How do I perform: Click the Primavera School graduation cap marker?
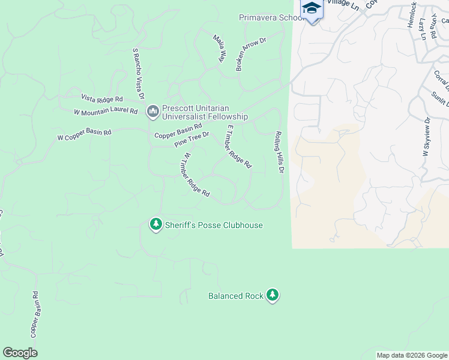[x=312, y=9]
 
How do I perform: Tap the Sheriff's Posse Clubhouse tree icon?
[x=156, y=224]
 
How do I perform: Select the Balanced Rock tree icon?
[x=273, y=295]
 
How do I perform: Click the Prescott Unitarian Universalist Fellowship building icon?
[x=152, y=110]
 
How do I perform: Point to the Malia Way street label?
[x=219, y=49]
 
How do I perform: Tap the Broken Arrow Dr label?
[x=251, y=53]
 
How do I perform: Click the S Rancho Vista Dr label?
[x=139, y=74]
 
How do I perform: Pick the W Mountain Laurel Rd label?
[x=106, y=112]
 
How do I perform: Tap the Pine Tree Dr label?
[x=191, y=140]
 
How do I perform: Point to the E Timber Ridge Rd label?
[x=238, y=146]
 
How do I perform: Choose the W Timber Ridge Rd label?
[x=196, y=175]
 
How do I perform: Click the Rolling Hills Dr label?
[x=279, y=153]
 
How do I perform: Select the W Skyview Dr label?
[x=427, y=137]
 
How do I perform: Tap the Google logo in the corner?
[x=20, y=353]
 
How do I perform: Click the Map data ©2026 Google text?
[x=411, y=355]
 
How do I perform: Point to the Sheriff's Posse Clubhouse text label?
[x=214, y=225]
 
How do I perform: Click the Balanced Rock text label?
[x=236, y=296]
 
